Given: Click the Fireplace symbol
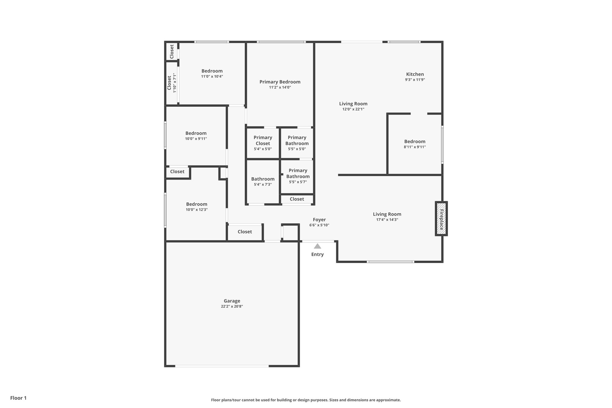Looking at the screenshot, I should coord(441,219).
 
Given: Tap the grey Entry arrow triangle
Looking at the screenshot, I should coord(317,246).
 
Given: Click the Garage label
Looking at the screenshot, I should coord(232,301).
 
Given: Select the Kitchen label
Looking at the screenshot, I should coord(415,74).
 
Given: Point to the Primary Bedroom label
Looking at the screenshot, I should coord(280,82).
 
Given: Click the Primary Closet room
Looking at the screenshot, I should coord(263,143).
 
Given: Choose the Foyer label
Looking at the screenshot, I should coord(319,220).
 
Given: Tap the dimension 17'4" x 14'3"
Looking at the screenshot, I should coord(387,220).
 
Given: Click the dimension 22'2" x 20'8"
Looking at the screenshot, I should coord(232,306).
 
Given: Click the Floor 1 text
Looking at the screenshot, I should coord(18,398).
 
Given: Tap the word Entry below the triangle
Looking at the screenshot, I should coord(317,254).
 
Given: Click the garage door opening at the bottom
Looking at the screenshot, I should coord(222,366).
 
